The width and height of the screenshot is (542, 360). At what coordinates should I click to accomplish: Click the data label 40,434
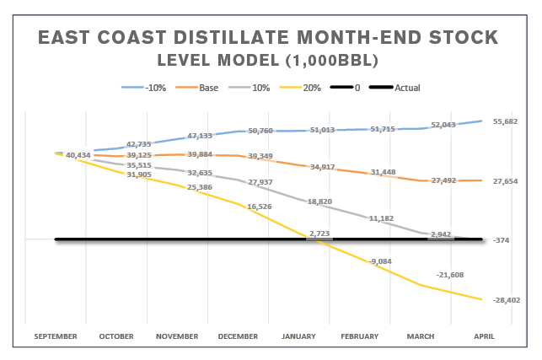pyautogui.click(x=78, y=155)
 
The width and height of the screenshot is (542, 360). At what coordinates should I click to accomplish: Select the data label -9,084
pyautogui.click(x=380, y=261)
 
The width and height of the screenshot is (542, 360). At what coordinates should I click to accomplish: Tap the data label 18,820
pyautogui.click(x=319, y=201)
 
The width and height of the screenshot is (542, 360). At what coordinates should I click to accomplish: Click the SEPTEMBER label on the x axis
pyautogui.click(x=56, y=336)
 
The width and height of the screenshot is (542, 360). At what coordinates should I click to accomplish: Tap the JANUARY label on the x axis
pyautogui.click(x=300, y=336)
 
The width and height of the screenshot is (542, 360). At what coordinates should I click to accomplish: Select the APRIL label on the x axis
pyautogui.click(x=483, y=336)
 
